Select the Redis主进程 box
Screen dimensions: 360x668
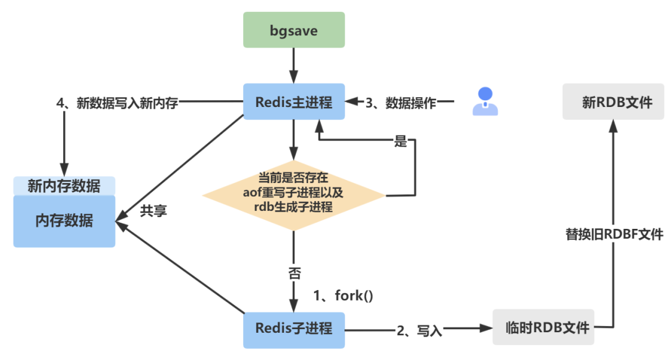coord(294,101)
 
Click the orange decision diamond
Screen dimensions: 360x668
coord(294,193)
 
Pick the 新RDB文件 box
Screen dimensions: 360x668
coord(612,101)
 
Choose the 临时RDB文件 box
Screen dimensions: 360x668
coord(543,327)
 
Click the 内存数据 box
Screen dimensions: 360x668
coord(64,221)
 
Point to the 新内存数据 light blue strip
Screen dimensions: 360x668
coord(64,186)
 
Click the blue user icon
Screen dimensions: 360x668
coord(485,101)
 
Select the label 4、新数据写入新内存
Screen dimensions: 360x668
coord(118,103)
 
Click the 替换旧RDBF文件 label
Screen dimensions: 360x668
coord(614,234)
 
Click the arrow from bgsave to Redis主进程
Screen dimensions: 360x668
coord(294,65)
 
